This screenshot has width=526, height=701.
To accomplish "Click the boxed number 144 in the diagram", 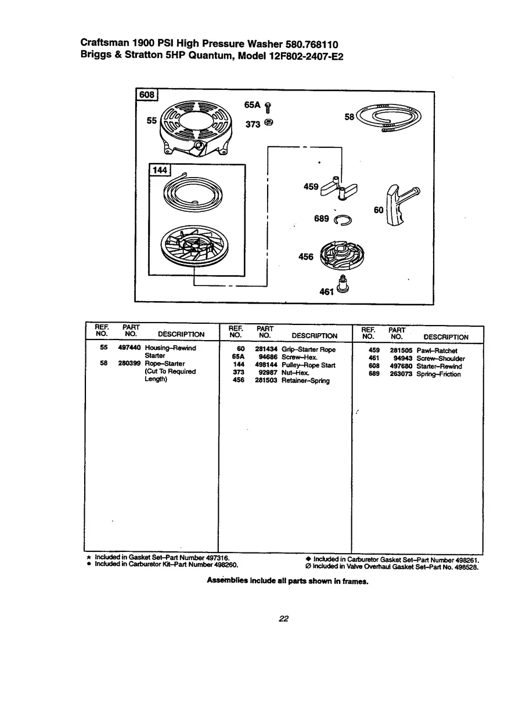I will [158, 170].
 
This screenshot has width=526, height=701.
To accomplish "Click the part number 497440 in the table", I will [129, 348].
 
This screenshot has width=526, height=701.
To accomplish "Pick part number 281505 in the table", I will [401, 351].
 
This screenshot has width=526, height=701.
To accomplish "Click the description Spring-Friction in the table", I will [438, 374].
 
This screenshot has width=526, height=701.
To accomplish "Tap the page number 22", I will [283, 619].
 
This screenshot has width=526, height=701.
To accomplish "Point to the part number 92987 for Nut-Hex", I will [265, 373].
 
